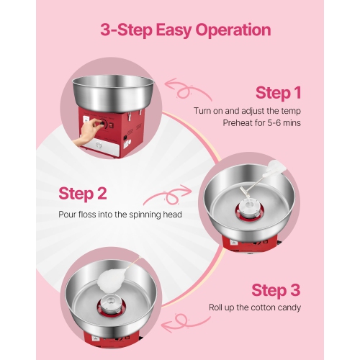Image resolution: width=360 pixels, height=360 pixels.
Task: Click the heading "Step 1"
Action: click(x=278, y=93)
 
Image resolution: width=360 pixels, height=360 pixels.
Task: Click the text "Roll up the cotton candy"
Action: click(x=255, y=307)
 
